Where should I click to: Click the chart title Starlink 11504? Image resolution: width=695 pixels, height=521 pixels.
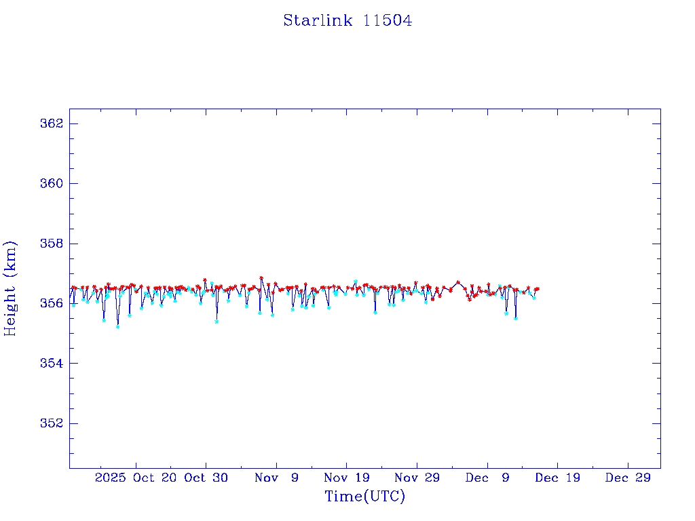pyautogui.click(x=347, y=21)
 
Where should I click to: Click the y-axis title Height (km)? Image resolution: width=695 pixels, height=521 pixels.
pyautogui.click(x=10, y=288)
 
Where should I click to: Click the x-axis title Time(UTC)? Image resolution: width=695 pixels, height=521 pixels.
pyautogui.click(x=364, y=497)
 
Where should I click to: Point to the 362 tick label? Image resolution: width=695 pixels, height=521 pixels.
pyautogui.click(x=52, y=124)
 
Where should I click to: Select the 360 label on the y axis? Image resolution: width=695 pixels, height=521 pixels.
pyautogui.click(x=52, y=184)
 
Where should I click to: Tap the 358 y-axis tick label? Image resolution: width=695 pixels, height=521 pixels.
pyautogui.click(x=52, y=244)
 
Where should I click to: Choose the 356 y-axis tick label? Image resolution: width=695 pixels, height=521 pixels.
pyautogui.click(x=52, y=303)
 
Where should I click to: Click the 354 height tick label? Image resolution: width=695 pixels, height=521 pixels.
pyautogui.click(x=52, y=364)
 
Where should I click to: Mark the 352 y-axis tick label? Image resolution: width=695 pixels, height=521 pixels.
pyautogui.click(x=52, y=423)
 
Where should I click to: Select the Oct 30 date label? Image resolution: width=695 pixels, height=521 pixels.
pyautogui.click(x=206, y=478)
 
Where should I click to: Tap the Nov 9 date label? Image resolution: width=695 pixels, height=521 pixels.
pyautogui.click(x=276, y=478)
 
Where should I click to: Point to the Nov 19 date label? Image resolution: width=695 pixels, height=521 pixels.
pyautogui.click(x=346, y=478)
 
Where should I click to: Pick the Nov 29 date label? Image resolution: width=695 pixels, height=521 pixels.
pyautogui.click(x=417, y=478)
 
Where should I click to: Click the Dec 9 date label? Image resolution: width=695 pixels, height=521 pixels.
pyautogui.click(x=487, y=478)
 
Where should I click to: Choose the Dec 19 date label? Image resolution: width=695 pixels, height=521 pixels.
pyautogui.click(x=557, y=478)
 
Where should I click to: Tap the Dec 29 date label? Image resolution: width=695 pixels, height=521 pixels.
pyautogui.click(x=628, y=478)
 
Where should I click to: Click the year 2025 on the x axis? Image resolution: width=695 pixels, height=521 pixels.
pyautogui.click(x=110, y=478)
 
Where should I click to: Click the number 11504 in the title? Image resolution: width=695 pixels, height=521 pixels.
pyautogui.click(x=388, y=21)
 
